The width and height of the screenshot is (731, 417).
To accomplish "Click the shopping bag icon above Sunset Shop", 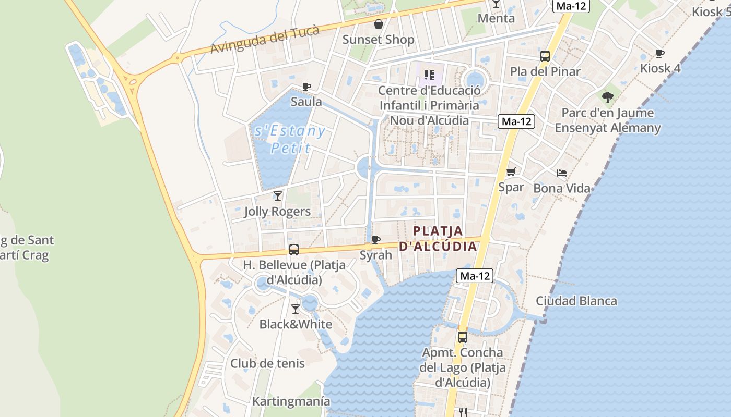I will click(378, 24).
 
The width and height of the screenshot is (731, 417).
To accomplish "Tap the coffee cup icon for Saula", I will click(306, 87).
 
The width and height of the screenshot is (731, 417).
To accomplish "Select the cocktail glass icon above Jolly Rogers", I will click(278, 196).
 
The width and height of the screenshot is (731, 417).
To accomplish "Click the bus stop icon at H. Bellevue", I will click(294, 250).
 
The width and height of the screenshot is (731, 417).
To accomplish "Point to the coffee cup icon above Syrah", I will click(375, 240).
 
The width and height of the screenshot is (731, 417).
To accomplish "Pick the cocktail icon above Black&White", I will click(296, 309).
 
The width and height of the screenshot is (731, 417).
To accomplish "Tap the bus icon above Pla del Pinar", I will click(545, 56).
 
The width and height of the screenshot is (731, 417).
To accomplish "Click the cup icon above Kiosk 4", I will click(660, 53).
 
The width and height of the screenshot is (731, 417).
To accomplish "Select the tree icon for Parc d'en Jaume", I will click(607, 97).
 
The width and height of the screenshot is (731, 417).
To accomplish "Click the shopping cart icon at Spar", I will click(511, 171).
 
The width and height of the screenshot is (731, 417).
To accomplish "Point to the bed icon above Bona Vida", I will click(562, 173).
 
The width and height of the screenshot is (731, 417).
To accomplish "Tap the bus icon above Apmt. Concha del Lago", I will click(463, 337).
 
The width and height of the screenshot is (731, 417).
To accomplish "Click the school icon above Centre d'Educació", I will click(429, 76).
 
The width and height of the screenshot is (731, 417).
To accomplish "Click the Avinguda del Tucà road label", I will click(265, 40).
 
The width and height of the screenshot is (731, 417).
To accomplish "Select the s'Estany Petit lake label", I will click(290, 139).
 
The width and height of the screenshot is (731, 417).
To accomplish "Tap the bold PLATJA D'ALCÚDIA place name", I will click(438, 238).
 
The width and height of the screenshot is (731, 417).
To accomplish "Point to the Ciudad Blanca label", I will click(576, 301).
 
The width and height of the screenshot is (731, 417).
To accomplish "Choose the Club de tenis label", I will click(267, 363).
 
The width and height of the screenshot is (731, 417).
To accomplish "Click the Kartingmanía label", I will click(291, 401).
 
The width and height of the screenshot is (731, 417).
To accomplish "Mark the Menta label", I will click(497, 18).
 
